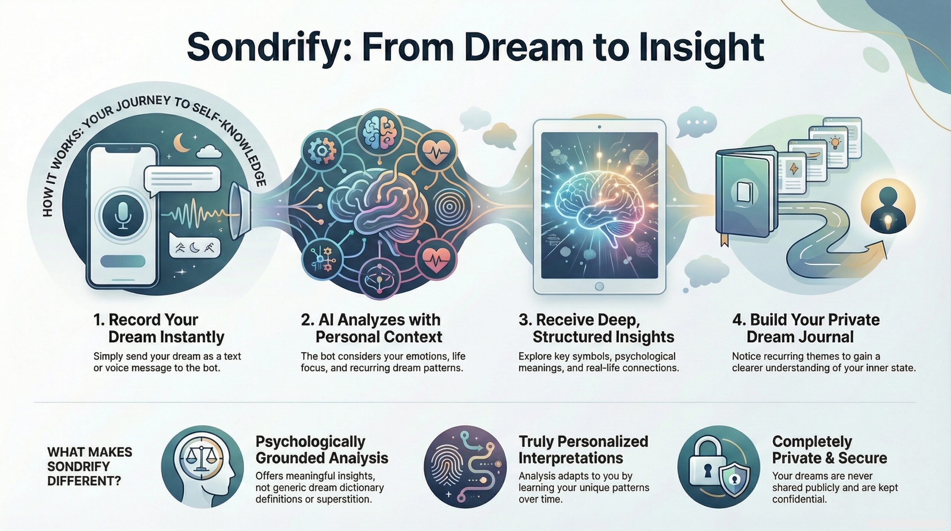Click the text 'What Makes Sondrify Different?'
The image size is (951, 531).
(90, 466)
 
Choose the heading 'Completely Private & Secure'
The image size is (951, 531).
(830, 450)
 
